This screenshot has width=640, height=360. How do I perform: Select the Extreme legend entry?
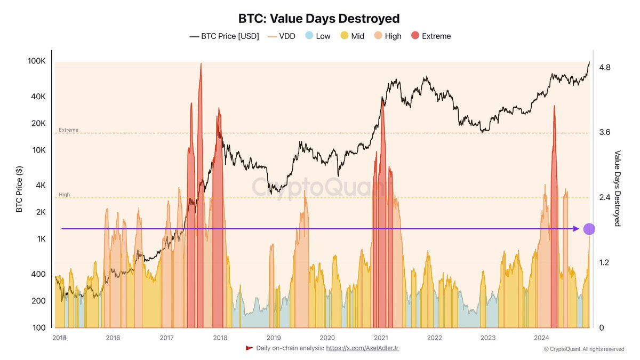pos(430,36)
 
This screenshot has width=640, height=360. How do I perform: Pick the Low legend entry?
pos(317,36)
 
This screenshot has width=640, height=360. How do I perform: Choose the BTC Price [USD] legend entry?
pos(224,36)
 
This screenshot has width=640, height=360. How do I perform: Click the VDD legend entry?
pos(281,36)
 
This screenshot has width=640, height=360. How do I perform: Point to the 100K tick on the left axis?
pos(36,61)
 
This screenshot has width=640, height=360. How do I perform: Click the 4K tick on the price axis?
pos(41,186)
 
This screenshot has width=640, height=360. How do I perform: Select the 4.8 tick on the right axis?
pos(605,67)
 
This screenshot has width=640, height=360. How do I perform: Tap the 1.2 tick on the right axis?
pos(605,262)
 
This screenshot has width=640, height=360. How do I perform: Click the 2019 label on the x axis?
pos(274,338)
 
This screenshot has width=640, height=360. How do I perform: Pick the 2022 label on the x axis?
pos(434,338)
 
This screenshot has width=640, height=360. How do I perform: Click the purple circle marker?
pos(589,229)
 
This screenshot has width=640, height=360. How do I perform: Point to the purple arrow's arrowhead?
pos(577,229)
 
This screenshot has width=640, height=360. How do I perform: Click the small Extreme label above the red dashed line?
pos(68,130)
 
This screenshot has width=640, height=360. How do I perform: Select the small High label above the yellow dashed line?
pos(64,195)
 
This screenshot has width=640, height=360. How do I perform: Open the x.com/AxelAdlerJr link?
pos(362,348)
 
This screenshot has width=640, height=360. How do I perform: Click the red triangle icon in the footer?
pos(249,348)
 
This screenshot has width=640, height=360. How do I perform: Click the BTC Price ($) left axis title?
pos(19,189)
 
